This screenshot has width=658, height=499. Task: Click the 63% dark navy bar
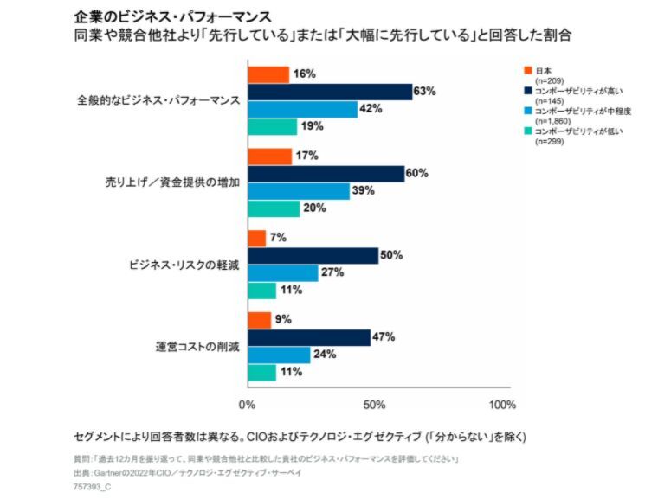330,92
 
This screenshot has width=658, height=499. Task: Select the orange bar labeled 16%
268,74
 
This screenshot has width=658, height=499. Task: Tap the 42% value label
371,109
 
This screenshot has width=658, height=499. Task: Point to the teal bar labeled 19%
272,126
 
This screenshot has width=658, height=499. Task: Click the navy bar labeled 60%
326,174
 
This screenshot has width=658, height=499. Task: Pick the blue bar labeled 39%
299,191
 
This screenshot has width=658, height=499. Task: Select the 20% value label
313,208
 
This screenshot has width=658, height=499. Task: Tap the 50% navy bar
313,256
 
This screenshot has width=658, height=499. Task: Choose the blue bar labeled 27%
282,273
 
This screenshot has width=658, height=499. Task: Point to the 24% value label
324,355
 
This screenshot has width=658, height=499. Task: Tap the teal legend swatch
527,131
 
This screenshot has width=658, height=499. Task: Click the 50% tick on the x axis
374,404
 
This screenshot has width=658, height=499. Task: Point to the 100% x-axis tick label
501,404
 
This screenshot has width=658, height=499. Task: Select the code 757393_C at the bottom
92,487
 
